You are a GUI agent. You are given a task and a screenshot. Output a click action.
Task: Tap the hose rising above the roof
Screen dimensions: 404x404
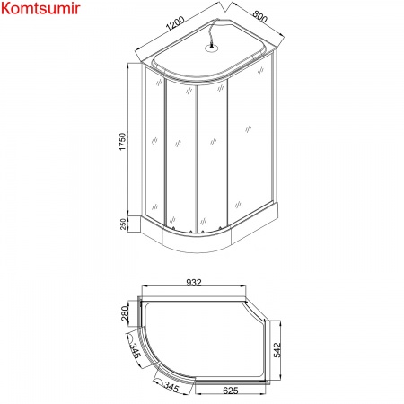point(213,36)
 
